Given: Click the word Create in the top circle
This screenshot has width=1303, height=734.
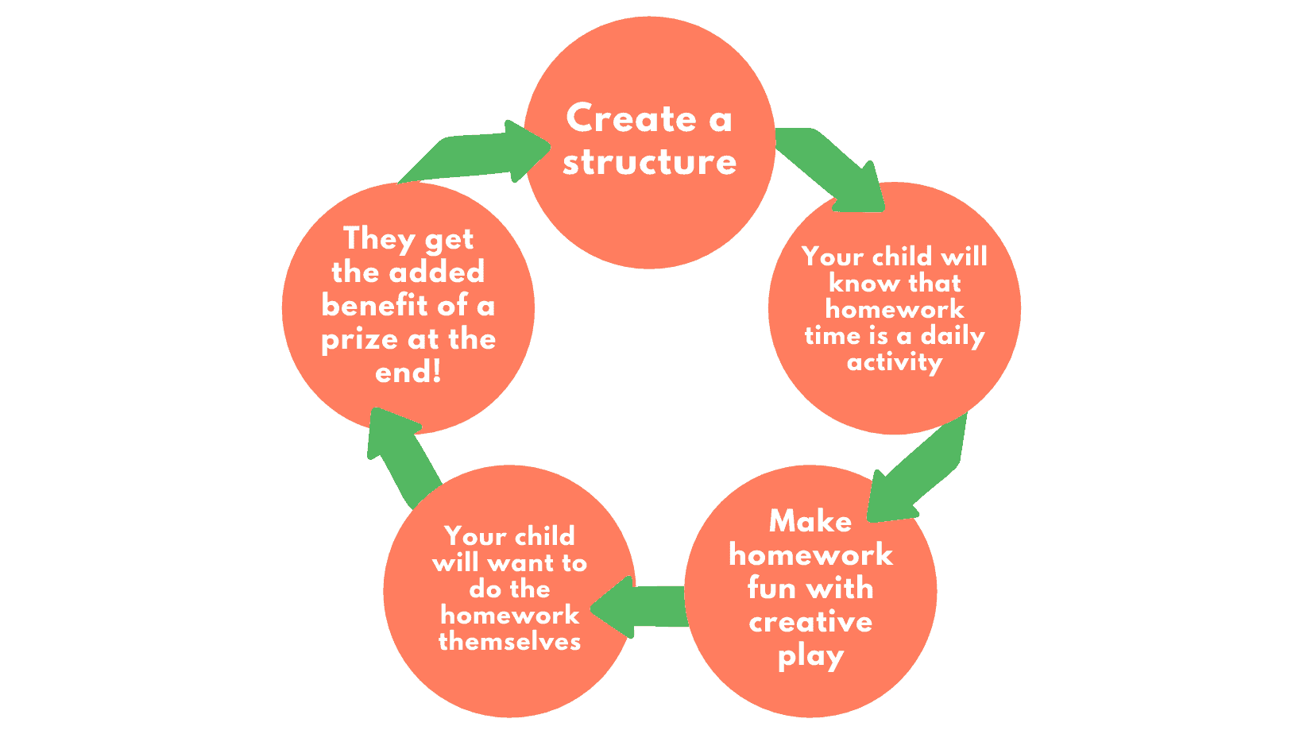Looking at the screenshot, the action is (631, 118).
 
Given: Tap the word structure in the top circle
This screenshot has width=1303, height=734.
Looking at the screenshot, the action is (650, 162).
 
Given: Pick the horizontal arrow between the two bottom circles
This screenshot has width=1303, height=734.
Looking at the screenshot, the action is (639, 607).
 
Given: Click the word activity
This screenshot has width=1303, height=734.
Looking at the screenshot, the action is (895, 362).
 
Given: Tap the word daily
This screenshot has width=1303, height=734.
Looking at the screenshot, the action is (953, 335).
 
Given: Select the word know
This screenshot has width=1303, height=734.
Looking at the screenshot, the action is (864, 284).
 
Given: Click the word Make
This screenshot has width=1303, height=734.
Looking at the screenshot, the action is (810, 520).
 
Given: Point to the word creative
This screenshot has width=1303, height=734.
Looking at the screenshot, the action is (810, 622).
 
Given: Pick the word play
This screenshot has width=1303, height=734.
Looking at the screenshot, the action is (811, 657).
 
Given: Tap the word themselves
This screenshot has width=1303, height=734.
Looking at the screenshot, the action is (509, 642).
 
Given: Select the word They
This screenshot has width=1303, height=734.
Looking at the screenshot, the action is (379, 239).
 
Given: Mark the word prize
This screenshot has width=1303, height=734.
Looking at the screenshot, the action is (359, 340).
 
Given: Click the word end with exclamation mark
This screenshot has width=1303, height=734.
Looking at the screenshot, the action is (408, 372).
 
